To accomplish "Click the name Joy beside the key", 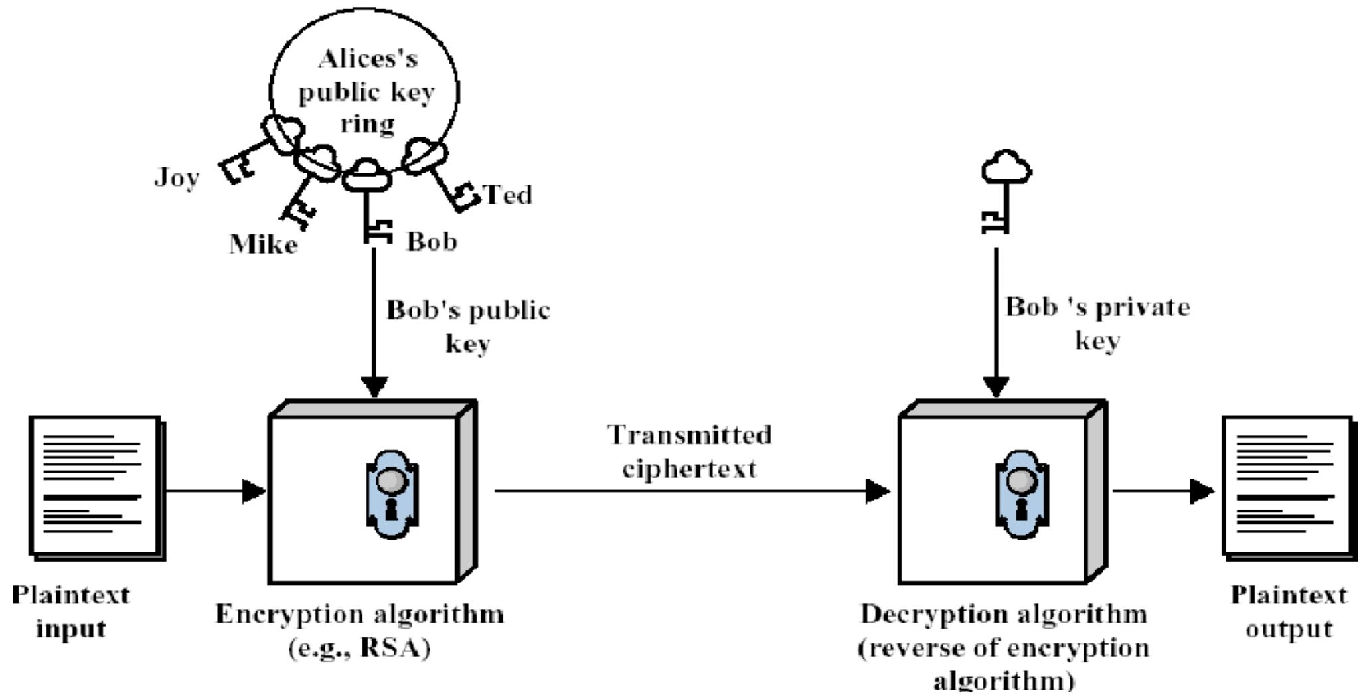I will click(177, 178).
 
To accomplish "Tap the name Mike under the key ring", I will click(264, 245).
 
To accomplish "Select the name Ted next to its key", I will click(509, 195).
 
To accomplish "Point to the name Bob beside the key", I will click(432, 242).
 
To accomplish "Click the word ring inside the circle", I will click(367, 123).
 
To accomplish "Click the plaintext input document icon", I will click(96, 487).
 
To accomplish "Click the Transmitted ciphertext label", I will click(690, 451).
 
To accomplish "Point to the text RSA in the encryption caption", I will click(390, 647).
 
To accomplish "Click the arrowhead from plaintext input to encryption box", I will click(254, 492).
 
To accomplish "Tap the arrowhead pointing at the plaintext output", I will click(1202, 492).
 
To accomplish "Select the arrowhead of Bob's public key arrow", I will click(374, 386).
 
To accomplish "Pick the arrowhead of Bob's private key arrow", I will click(996, 386).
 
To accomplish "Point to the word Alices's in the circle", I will click(368, 60).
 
